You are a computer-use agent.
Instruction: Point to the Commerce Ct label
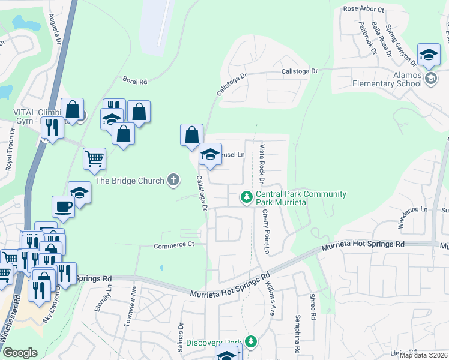pyautogui.click(x=174, y=245)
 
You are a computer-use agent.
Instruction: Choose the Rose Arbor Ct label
pyautogui.click(x=363, y=9)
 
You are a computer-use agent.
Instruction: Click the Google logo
pyautogui.click(x=20, y=353)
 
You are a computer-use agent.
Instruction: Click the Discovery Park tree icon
pyautogui.click(x=251, y=342)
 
